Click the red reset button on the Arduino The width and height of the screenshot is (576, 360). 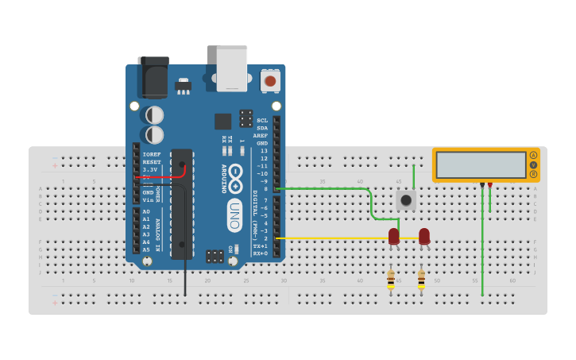coord(271,80)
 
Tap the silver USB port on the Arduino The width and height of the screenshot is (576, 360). coord(232,68)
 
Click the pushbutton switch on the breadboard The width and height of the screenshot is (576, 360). coord(406,199)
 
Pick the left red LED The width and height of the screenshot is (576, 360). coord(394,235)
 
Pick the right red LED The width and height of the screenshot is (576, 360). coord(424,235)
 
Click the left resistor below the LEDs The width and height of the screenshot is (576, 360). coord(391,280)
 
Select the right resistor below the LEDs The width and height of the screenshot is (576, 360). coord(421,280)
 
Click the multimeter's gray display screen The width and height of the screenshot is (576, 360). coord(481,165)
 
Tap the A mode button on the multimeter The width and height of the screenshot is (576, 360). coord(534,155)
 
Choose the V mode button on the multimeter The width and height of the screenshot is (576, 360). coord(534,165)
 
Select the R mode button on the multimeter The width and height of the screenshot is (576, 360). coord(534,174)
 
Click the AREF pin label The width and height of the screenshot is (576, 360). coord(261,135)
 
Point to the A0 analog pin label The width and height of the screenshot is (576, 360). coord(146,212)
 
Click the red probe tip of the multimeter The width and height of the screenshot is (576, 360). coord(489,185)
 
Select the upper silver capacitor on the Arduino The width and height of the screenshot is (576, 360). coord(155,115)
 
